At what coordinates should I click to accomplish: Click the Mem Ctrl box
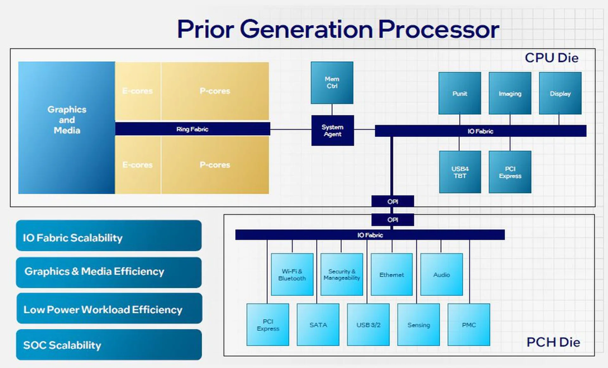332,83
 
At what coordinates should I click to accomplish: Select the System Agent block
332,130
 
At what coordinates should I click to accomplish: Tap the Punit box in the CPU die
459,93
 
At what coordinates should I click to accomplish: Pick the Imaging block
510,93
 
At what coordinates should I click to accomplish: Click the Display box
560,93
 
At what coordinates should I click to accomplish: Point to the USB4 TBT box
460,172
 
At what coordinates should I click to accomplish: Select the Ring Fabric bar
193,129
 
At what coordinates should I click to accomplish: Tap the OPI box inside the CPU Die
393,201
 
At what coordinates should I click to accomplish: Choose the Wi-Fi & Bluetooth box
292,274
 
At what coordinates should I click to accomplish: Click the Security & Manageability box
342,274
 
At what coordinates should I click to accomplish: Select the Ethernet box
392,274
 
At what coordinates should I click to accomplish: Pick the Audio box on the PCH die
441,274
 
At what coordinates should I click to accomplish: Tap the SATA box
318,325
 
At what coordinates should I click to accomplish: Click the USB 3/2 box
368,325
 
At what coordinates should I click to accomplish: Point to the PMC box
469,325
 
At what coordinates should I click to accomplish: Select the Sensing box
418,325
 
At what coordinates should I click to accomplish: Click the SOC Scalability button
109,345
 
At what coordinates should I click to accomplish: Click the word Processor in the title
439,29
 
